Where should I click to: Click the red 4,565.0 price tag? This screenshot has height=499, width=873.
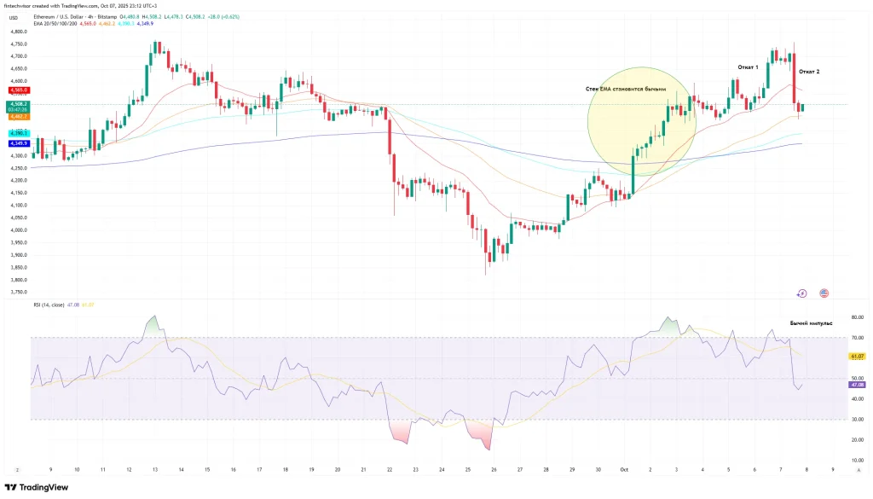18,89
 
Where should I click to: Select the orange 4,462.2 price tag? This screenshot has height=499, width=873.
18,116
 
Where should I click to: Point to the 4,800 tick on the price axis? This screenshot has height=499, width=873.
18,32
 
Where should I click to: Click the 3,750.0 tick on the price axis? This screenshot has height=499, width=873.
18,293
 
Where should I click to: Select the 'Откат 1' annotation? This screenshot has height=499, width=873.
748,67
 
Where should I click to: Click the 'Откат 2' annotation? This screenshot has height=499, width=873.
809,73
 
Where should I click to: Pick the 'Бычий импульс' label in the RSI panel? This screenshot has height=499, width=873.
811,323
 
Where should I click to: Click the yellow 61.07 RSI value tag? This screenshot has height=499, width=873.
858,356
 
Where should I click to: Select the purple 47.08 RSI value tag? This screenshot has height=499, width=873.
858,385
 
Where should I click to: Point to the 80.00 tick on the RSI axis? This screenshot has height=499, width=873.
858,317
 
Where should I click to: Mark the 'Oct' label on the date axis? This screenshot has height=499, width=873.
624,469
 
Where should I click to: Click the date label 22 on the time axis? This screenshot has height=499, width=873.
390,469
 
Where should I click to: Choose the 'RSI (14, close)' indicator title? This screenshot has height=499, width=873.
52,305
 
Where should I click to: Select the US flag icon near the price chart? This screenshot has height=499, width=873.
824,293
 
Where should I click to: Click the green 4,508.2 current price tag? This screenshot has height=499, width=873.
18,104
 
